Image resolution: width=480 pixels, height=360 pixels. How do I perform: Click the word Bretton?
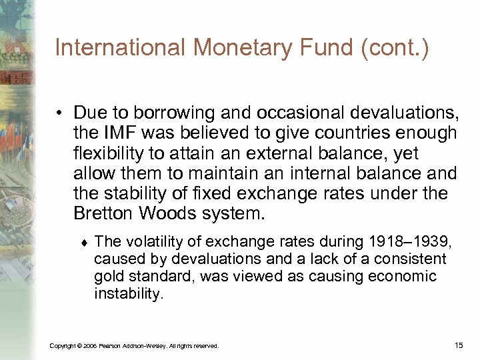103,213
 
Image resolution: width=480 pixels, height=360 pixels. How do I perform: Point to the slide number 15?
458,345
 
